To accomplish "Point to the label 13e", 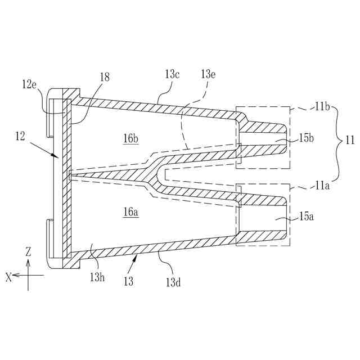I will click(x=209, y=74).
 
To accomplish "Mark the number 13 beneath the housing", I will click(x=128, y=280).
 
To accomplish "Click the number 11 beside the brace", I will click(x=349, y=139).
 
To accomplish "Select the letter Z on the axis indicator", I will click(x=28, y=251).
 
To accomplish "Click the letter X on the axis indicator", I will click(x=8, y=276).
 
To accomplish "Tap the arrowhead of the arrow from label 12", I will click(x=61, y=156).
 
